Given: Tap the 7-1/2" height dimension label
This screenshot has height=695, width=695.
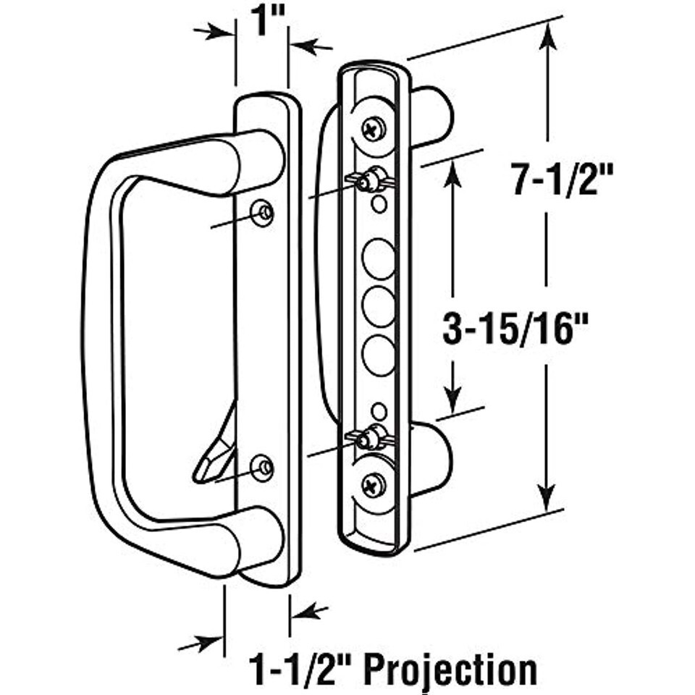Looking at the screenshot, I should tap(554, 179).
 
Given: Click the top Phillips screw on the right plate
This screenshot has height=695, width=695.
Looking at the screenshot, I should tap(374, 129).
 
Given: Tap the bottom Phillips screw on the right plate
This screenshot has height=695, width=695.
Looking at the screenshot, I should tap(374, 484).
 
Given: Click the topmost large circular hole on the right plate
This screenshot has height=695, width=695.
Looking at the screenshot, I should tap(379, 259).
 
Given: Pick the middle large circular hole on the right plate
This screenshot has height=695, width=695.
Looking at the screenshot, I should tap(379, 307).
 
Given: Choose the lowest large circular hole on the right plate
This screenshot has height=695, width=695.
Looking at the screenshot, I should tap(379, 354).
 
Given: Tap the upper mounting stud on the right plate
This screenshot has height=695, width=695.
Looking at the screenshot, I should tap(372, 179).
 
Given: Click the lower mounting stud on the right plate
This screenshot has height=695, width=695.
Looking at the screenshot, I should tap(371, 437).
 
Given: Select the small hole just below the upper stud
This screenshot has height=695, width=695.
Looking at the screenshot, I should tap(379, 205).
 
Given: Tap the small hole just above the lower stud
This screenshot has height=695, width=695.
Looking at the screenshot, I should tap(379, 411).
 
